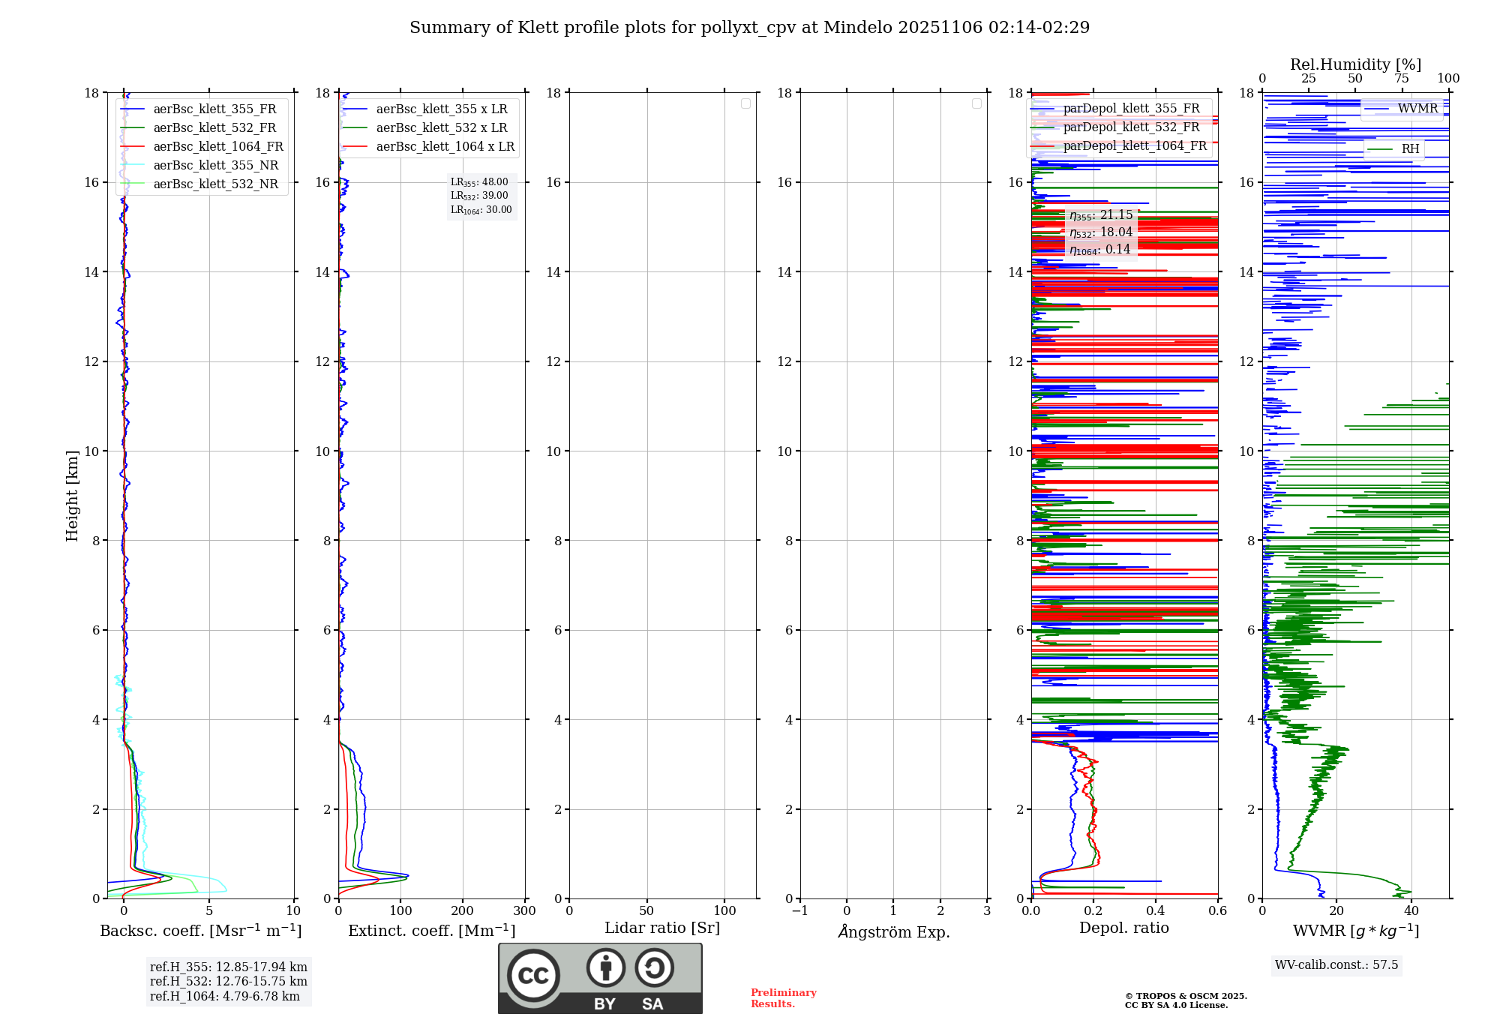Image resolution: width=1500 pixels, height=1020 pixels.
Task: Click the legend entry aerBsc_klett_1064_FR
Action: click(x=217, y=147)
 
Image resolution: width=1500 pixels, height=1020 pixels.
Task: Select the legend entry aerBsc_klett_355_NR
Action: click(x=215, y=166)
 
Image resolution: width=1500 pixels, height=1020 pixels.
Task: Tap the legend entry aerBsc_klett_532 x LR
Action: click(x=441, y=128)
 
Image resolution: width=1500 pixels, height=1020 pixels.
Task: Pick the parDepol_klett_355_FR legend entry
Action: click(x=1131, y=109)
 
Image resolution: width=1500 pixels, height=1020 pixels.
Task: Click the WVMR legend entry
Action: click(x=1417, y=109)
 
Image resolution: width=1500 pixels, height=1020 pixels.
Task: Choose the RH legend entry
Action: click(x=1410, y=149)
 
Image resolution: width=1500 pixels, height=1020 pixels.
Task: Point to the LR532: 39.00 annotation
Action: click(x=479, y=196)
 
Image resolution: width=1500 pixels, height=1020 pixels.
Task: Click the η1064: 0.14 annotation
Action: click(x=1100, y=250)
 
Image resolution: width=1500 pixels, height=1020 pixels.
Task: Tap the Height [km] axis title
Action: click(x=72, y=496)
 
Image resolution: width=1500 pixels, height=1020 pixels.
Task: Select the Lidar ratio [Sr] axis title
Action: click(x=662, y=928)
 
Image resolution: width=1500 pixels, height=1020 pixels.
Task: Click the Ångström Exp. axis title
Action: click(x=893, y=932)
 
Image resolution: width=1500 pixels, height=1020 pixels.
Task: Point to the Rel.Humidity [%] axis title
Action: click(x=1355, y=64)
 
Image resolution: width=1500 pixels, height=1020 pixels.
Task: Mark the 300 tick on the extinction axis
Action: click(x=524, y=911)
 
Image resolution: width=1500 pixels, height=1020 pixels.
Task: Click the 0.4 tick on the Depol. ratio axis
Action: click(x=1156, y=911)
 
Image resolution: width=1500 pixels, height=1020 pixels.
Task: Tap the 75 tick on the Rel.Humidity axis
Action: click(x=1402, y=79)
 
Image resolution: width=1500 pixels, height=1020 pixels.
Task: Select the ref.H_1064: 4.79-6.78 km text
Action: click(x=224, y=997)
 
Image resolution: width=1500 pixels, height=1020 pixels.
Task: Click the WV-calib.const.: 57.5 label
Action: click(x=1336, y=965)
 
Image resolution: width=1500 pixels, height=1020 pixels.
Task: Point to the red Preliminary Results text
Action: click(x=783, y=998)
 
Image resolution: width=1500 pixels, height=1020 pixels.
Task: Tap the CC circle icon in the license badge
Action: click(x=533, y=976)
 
